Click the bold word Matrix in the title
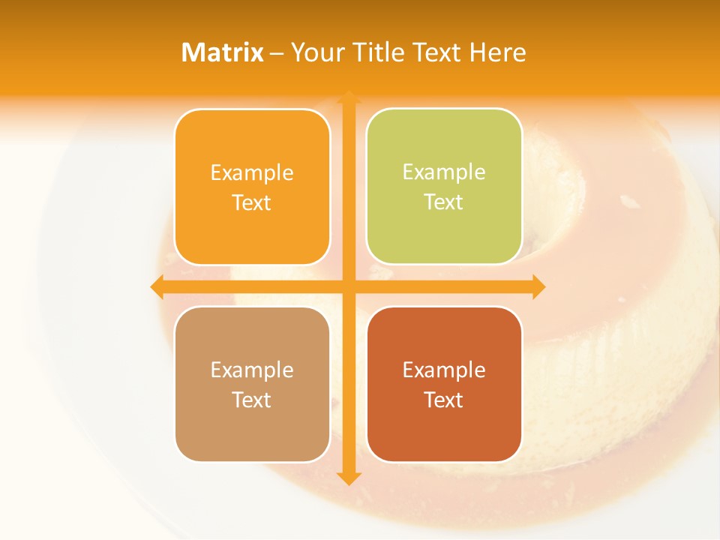[223, 52]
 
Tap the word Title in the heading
[376, 52]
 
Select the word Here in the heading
[498, 52]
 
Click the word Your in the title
[316, 52]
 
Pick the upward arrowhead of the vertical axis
[348, 97]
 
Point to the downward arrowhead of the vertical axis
[348, 478]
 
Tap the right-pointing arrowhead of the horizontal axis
[538, 286]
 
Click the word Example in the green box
[444, 172]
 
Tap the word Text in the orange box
[252, 202]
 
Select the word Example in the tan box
[252, 370]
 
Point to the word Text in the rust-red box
[444, 400]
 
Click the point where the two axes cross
[348, 286]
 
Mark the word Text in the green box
[444, 202]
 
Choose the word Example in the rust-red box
[444, 370]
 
